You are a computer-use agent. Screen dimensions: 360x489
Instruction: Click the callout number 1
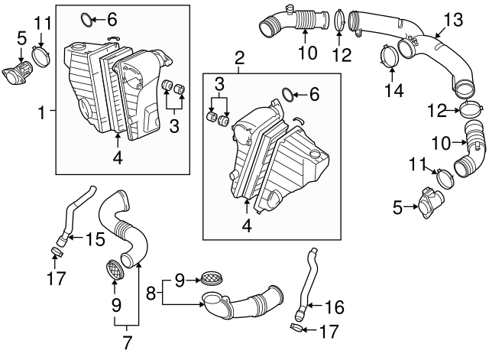(42, 112)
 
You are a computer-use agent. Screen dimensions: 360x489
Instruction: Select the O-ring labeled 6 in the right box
(289, 94)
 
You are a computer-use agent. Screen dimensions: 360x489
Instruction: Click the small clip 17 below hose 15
(57, 251)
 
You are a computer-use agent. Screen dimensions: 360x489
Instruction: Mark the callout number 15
(94, 239)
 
